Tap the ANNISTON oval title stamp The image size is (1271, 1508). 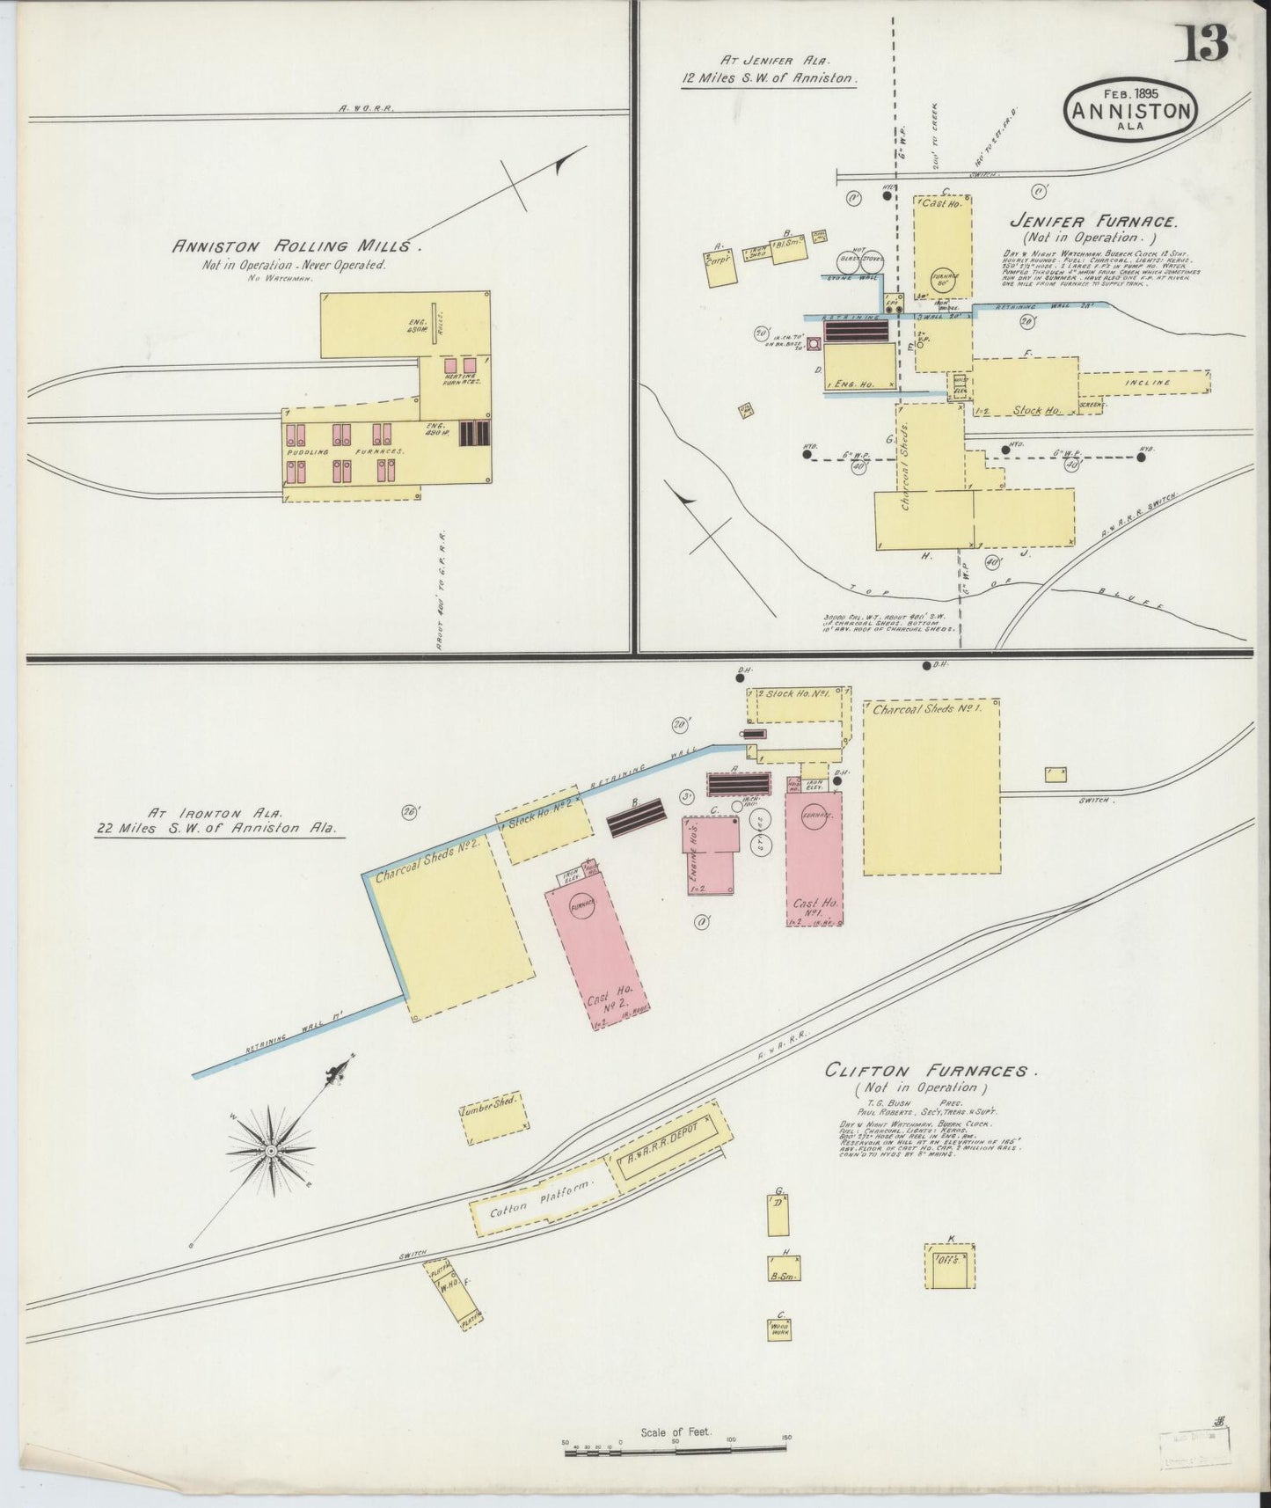1130,112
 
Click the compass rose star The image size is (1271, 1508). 271,1149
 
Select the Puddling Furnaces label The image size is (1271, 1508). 344,452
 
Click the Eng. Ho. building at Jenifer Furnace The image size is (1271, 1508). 859,367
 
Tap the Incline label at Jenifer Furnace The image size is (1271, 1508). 1146,383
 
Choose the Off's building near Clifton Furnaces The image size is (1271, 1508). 949,1265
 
